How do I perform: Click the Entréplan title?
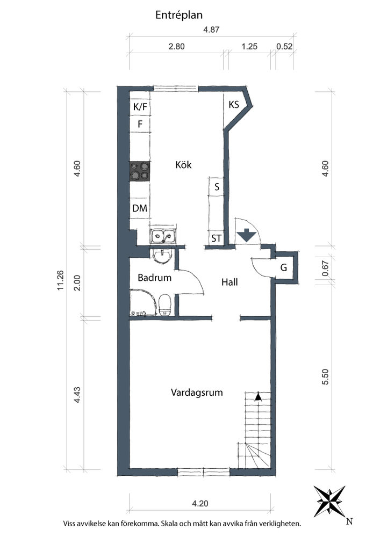[x=179, y=15]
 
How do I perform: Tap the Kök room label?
[x=183, y=165]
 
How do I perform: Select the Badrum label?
[x=155, y=278]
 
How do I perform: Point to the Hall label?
[x=229, y=282]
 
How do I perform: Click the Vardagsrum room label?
[x=197, y=392]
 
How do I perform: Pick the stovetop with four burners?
[x=140, y=171]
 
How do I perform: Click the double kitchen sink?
[x=163, y=236]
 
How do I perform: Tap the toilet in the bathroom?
[x=165, y=304]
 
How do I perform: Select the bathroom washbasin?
[x=162, y=256]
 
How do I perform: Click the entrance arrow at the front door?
[x=247, y=236]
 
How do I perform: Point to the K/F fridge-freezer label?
[x=140, y=107]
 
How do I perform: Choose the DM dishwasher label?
[x=139, y=208]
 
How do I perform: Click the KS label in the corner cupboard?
[x=234, y=104]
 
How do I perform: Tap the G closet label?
[x=283, y=267]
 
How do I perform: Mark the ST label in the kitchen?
[x=216, y=238]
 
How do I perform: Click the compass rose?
[x=329, y=501]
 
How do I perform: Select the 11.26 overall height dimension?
[x=60, y=280]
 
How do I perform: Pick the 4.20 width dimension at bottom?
[x=200, y=504]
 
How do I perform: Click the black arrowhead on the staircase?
[x=258, y=397]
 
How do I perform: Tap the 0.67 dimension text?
[x=325, y=269]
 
